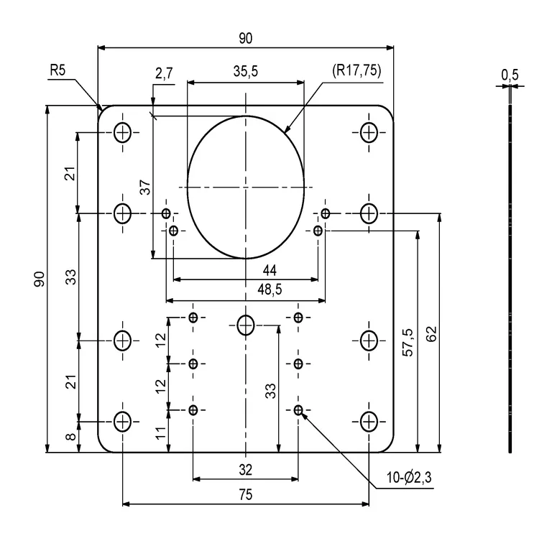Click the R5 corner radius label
(x=58, y=71)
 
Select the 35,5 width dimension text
(x=246, y=72)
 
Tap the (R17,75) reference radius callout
(x=356, y=71)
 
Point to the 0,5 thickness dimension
(x=510, y=75)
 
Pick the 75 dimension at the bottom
(x=246, y=494)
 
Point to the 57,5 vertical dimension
(x=408, y=342)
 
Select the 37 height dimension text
(x=145, y=188)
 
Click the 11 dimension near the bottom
(x=160, y=432)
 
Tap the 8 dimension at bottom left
(x=71, y=437)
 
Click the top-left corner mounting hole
(x=123, y=132)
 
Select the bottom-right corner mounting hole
(x=369, y=421)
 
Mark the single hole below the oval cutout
(x=246, y=325)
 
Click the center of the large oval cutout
(x=246, y=187)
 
